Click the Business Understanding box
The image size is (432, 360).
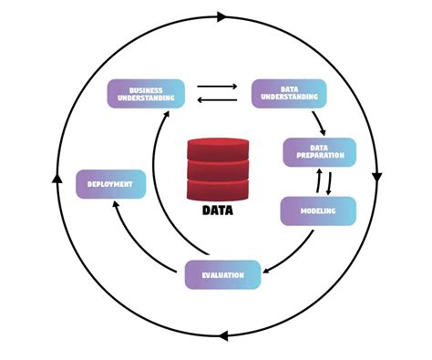[x=146, y=93]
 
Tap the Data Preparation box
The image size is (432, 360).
[x=319, y=152]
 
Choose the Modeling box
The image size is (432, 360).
[x=317, y=211]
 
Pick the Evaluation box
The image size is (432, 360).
[x=222, y=274]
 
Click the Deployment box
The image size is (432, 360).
[x=109, y=184]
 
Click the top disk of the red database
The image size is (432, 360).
[x=217, y=148]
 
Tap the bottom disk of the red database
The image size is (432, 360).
[x=217, y=190]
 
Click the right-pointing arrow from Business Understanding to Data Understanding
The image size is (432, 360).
[x=217, y=87]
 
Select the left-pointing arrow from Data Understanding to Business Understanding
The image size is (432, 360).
[x=217, y=100]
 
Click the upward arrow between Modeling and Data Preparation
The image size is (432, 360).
[x=318, y=181]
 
